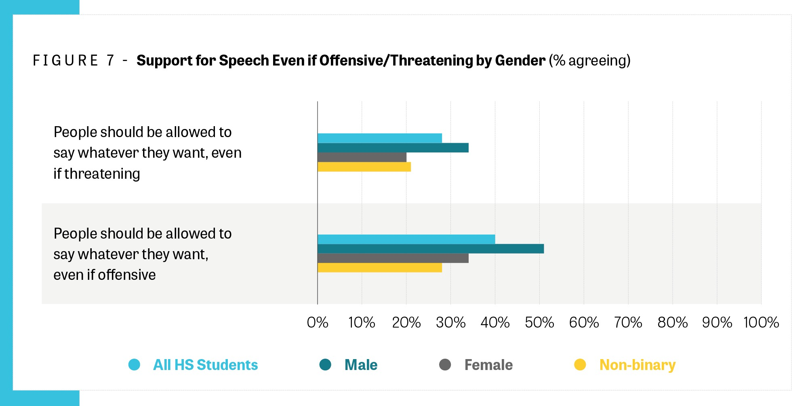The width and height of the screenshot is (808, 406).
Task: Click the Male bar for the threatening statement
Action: tap(393, 148)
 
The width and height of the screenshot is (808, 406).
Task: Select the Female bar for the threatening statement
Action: tap(362, 157)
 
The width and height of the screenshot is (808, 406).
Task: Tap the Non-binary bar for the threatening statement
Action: tap(364, 167)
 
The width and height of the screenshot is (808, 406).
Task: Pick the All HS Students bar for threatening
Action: tap(379, 138)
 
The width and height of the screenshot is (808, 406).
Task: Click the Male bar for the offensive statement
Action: tap(430, 249)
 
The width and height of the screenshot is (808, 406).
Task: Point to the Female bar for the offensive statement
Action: tap(393, 258)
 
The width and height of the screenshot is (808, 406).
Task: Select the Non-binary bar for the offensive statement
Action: tap(379, 268)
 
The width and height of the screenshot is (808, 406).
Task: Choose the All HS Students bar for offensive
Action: tap(406, 239)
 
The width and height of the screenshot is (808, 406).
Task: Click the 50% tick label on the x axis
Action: tap(539, 323)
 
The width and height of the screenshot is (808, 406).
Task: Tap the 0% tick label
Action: tap(318, 323)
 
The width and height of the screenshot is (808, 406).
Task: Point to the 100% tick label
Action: tap(761, 323)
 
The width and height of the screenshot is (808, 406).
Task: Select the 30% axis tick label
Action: tap(450, 323)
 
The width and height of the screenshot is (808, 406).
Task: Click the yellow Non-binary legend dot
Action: tap(580, 365)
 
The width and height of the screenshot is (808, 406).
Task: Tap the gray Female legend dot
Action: tap(445, 365)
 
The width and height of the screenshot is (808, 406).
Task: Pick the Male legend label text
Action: tap(361, 365)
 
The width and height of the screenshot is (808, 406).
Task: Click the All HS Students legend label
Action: tap(205, 365)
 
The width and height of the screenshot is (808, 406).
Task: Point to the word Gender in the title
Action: tap(520, 61)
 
